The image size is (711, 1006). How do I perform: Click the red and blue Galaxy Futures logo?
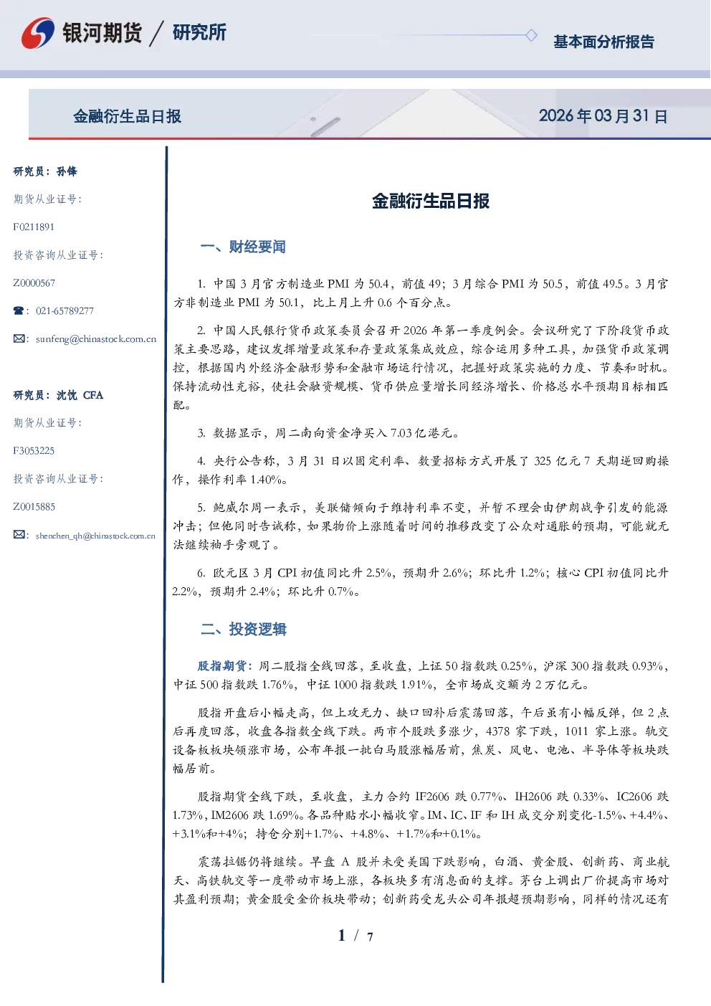coord(37,33)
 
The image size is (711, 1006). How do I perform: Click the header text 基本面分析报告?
coord(603,42)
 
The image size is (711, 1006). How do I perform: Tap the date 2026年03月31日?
coord(603,116)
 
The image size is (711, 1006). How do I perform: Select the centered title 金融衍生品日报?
coord(431,201)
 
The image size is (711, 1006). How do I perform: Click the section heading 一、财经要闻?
coord(243,247)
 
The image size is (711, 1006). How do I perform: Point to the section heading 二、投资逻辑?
coord(243,629)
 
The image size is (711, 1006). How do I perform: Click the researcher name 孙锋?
coord(67,171)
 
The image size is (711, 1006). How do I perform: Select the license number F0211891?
coord(34,227)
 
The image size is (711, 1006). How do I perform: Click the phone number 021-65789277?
coord(65,310)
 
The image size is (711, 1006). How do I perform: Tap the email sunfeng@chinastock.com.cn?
coord(96,339)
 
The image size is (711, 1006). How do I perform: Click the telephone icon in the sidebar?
coord(19,310)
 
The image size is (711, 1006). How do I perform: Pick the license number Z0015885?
coord(34,507)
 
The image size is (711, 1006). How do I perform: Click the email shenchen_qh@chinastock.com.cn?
coord(95,536)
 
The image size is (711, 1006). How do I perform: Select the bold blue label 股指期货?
coord(222,665)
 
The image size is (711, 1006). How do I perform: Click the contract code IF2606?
coord(431,797)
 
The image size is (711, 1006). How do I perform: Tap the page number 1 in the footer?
coord(342,936)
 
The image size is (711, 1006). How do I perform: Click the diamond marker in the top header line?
coord(531,35)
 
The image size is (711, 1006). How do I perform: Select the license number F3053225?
coord(34,450)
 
